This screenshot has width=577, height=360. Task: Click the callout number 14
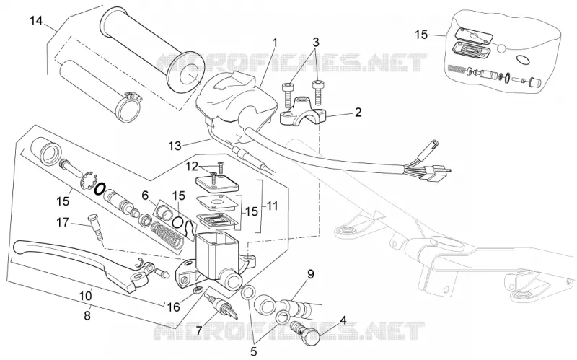pyautogui.click(x=36, y=21)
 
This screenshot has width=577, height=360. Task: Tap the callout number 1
pyautogui.click(x=275, y=43)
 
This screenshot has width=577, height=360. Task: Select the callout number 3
pyautogui.click(x=316, y=43)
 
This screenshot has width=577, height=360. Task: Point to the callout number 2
pyautogui.click(x=358, y=113)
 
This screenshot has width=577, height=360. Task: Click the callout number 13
pyautogui.click(x=175, y=146)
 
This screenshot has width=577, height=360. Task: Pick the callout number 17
pyautogui.click(x=63, y=222)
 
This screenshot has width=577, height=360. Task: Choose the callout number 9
pyautogui.click(x=311, y=274)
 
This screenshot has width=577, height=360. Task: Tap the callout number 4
pyautogui.click(x=343, y=319)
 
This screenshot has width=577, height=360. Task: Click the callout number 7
pyautogui.click(x=199, y=331)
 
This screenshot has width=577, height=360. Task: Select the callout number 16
pyautogui.click(x=174, y=307)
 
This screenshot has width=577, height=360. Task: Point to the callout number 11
pyautogui.click(x=272, y=206)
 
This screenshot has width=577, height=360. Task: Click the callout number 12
pyautogui.click(x=192, y=167)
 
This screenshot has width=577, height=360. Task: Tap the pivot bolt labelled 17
pyautogui.click(x=95, y=227)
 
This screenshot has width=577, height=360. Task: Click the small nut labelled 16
pyautogui.click(x=198, y=290)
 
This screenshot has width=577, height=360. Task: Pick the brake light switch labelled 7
pyautogui.click(x=223, y=305)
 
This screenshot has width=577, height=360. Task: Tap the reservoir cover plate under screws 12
pyautogui.click(x=216, y=183)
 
